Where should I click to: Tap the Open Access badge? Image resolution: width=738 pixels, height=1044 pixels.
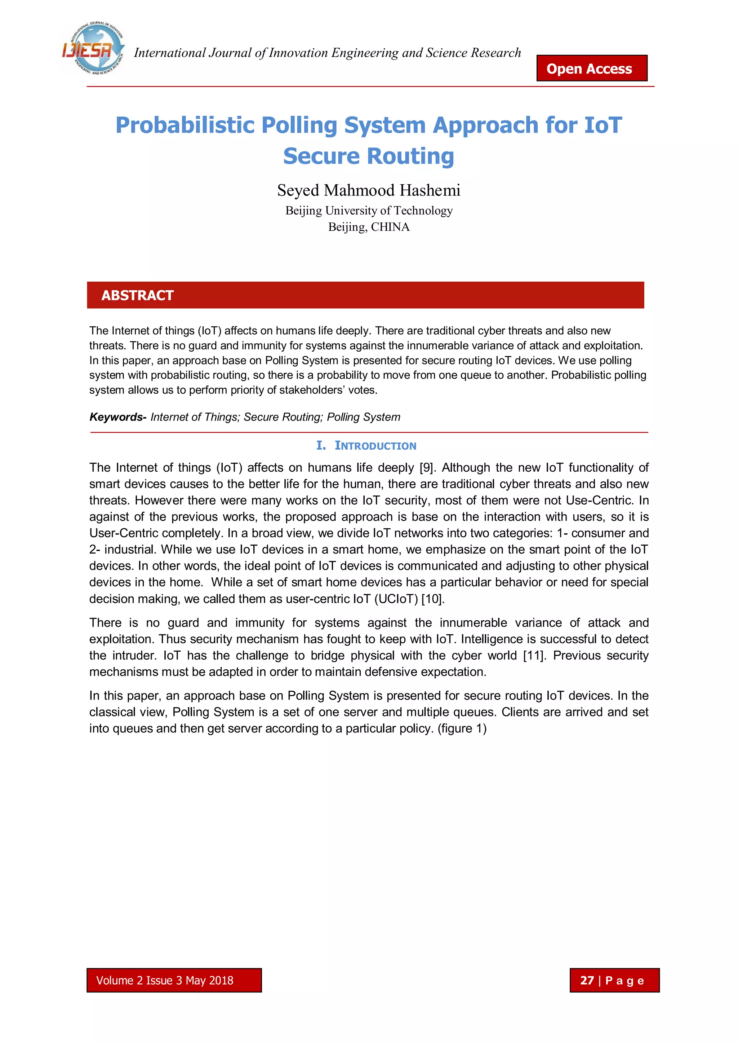(x=591, y=68)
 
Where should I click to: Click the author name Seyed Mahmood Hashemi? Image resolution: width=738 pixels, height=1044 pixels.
(x=369, y=190)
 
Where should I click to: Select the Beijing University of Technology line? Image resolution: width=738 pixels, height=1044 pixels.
(x=369, y=211)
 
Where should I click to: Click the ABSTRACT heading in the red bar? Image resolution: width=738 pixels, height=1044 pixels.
(x=137, y=296)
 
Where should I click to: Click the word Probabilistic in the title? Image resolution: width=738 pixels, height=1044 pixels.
(x=184, y=125)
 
